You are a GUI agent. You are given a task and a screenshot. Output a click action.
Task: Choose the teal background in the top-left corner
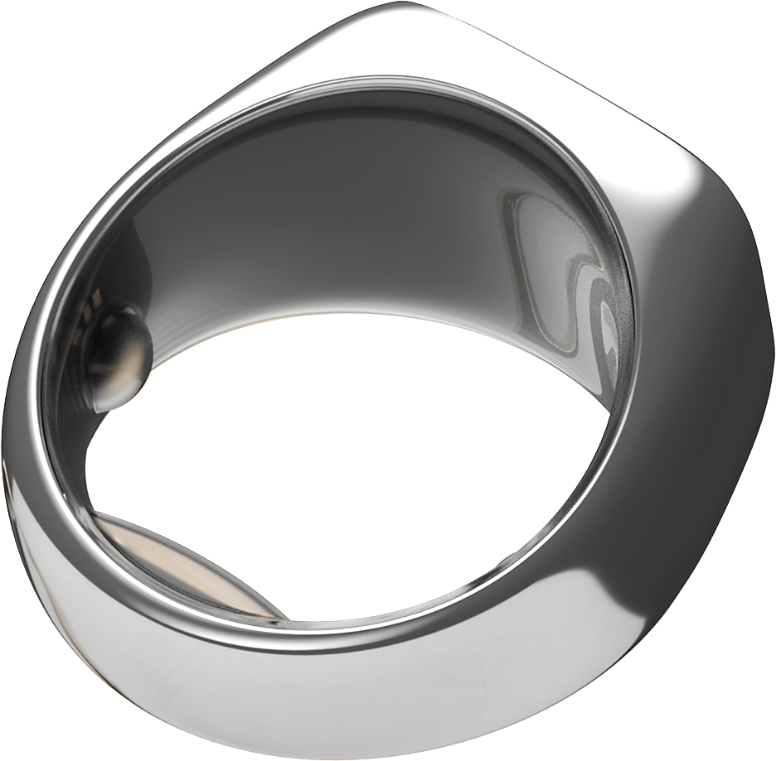(x=50, y=50)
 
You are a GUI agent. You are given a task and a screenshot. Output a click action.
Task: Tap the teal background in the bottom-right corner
(x=738, y=720)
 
